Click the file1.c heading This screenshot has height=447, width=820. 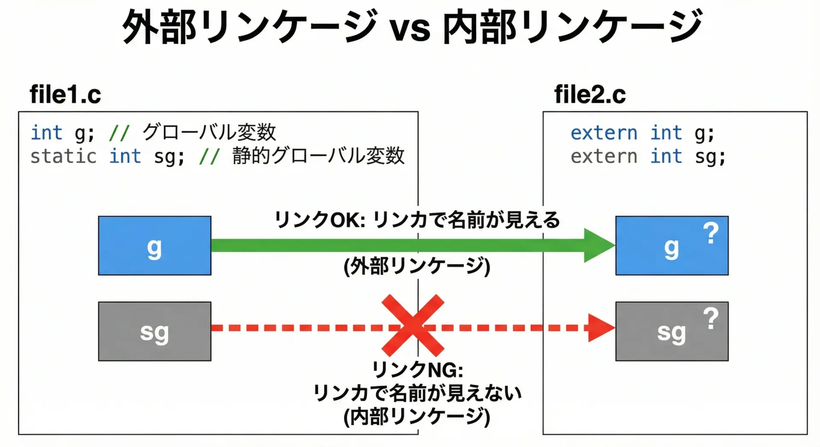click(65, 94)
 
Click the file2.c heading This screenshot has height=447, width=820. click(590, 94)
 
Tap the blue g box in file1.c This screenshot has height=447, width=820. click(155, 245)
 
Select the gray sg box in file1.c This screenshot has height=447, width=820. click(155, 331)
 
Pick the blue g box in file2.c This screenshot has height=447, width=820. click(671, 245)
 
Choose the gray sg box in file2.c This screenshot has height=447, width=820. click(671, 331)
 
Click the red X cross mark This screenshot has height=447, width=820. click(413, 325)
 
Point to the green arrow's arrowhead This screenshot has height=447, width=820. click(598, 245)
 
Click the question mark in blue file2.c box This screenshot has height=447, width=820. click(711, 233)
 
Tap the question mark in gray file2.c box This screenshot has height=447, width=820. click(711, 318)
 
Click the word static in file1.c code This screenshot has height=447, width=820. click(63, 156)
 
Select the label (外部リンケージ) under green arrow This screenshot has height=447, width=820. click(417, 266)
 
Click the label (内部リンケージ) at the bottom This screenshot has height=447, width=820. click(417, 417)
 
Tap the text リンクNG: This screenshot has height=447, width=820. click(417, 370)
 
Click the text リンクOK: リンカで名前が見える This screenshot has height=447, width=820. click(417, 220)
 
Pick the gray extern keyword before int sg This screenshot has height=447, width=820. click(603, 156)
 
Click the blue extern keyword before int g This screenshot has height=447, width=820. click(603, 133)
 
